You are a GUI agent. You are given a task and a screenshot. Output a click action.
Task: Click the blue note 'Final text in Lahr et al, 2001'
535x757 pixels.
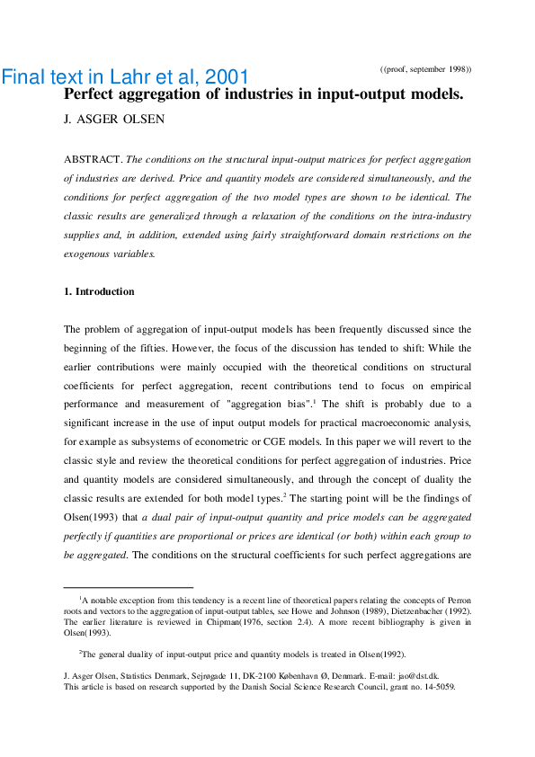(x=125, y=76)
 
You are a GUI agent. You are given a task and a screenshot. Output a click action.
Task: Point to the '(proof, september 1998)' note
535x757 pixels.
(x=425, y=69)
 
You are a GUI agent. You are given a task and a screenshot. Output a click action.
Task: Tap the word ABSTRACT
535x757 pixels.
(x=93, y=159)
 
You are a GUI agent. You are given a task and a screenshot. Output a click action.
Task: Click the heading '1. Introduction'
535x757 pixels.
(x=99, y=291)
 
